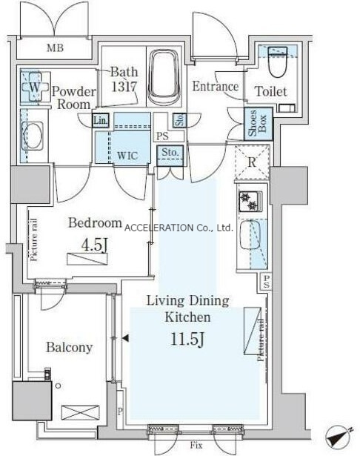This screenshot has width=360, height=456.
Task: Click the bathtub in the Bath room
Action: point(164,77)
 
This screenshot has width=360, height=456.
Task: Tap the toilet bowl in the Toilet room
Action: point(278,62)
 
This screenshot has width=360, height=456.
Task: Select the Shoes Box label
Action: point(258,124)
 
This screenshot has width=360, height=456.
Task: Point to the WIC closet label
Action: point(127,155)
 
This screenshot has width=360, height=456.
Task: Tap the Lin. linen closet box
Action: point(101,120)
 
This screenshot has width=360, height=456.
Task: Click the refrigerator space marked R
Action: point(252,162)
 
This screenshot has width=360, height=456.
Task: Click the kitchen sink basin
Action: point(250,235)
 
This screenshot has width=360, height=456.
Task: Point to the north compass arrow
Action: point(339,437)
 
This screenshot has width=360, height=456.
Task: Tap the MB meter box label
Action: point(56,47)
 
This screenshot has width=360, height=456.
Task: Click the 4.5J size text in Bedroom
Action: point(94,245)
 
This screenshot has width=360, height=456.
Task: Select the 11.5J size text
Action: point(187,339)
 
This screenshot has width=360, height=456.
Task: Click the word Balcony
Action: point(70,347)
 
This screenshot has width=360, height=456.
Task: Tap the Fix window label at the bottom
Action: point(196,445)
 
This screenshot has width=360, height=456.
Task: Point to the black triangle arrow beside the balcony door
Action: point(125,338)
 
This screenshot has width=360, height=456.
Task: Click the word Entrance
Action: point(216,86)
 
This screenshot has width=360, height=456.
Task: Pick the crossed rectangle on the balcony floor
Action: point(81,413)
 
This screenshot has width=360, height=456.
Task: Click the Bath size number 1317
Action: point(124,86)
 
